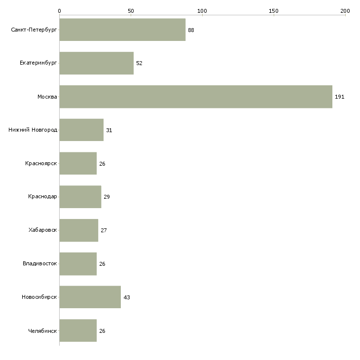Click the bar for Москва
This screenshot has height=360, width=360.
(196, 97)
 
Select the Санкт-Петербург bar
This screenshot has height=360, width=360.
(122, 30)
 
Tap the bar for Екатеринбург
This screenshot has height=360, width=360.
(97, 63)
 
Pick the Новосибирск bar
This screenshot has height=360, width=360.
(90, 297)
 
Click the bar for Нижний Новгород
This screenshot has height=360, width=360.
(81, 130)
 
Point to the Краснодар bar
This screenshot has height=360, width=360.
(80, 197)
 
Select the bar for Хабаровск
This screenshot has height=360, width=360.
(79, 230)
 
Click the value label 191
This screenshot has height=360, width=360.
(340, 97)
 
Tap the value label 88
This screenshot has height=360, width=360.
(191, 30)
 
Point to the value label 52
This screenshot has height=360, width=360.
(139, 63)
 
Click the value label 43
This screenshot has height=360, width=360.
(127, 297)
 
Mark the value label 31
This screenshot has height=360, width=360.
(109, 130)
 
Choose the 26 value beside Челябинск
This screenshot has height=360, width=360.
(102, 331)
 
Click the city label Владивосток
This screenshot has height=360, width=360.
(40, 263)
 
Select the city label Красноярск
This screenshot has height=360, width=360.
(41, 163)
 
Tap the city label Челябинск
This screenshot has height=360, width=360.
(42, 331)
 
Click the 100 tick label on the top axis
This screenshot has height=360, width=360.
(202, 11)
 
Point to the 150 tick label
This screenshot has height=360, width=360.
(274, 11)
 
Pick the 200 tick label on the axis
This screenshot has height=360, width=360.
(345, 11)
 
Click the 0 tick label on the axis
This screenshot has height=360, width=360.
(60, 11)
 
